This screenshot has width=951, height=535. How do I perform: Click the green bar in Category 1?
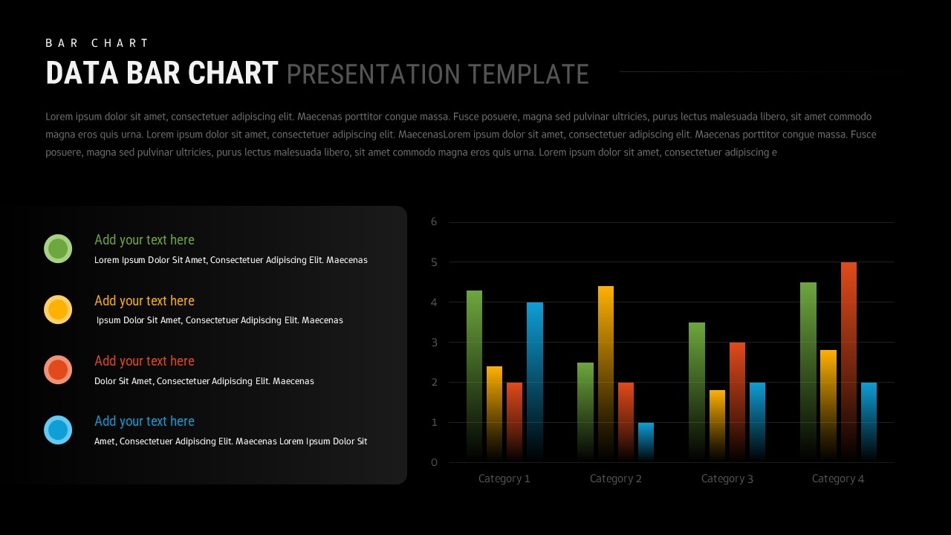pyautogui.click(x=474, y=372)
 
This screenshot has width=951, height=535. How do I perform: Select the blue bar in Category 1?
pyautogui.click(x=535, y=379)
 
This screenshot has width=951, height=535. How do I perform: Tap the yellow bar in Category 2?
pyautogui.click(x=606, y=372)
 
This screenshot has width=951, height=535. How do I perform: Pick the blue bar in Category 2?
pyautogui.click(x=646, y=441)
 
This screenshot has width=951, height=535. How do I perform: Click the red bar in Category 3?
pyautogui.click(x=737, y=401)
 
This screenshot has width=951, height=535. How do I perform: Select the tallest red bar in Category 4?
pyautogui.click(x=848, y=360)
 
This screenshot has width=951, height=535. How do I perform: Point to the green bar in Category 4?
pyautogui.click(x=808, y=372)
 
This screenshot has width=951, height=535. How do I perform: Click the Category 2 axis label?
pyautogui.click(x=615, y=479)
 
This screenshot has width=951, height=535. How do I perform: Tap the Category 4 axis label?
pyautogui.click(x=838, y=479)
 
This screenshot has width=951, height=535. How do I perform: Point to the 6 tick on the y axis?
pyautogui.click(x=434, y=221)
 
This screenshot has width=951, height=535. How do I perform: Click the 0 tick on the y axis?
pyautogui.click(x=434, y=462)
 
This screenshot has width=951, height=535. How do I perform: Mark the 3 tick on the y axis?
pyautogui.click(x=434, y=342)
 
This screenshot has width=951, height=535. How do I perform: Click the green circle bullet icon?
pyautogui.click(x=58, y=248)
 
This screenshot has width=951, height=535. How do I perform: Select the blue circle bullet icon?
pyautogui.click(x=58, y=429)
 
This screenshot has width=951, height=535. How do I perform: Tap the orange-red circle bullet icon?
pyautogui.click(x=58, y=369)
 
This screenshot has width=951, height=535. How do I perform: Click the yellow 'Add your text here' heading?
pyautogui.click(x=144, y=301)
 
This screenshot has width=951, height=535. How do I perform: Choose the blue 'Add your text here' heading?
pyautogui.click(x=144, y=421)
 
